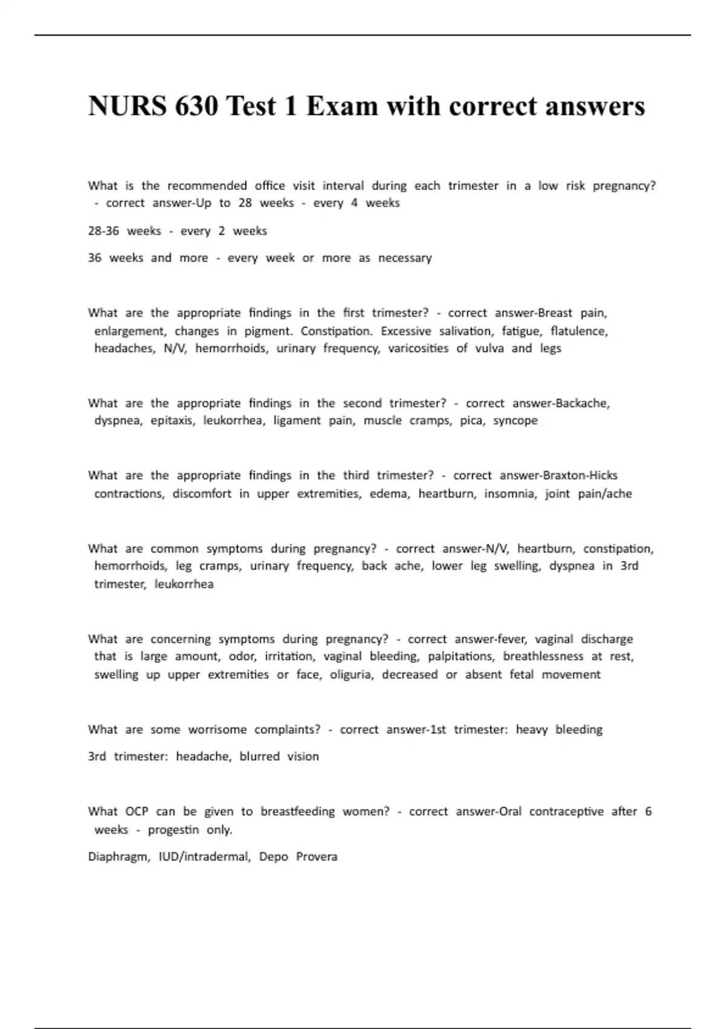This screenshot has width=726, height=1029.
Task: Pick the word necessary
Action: point(405,258)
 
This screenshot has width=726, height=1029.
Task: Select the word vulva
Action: point(489,349)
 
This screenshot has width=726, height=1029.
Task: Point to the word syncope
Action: point(515,421)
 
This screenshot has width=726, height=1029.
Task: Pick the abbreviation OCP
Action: point(137,812)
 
